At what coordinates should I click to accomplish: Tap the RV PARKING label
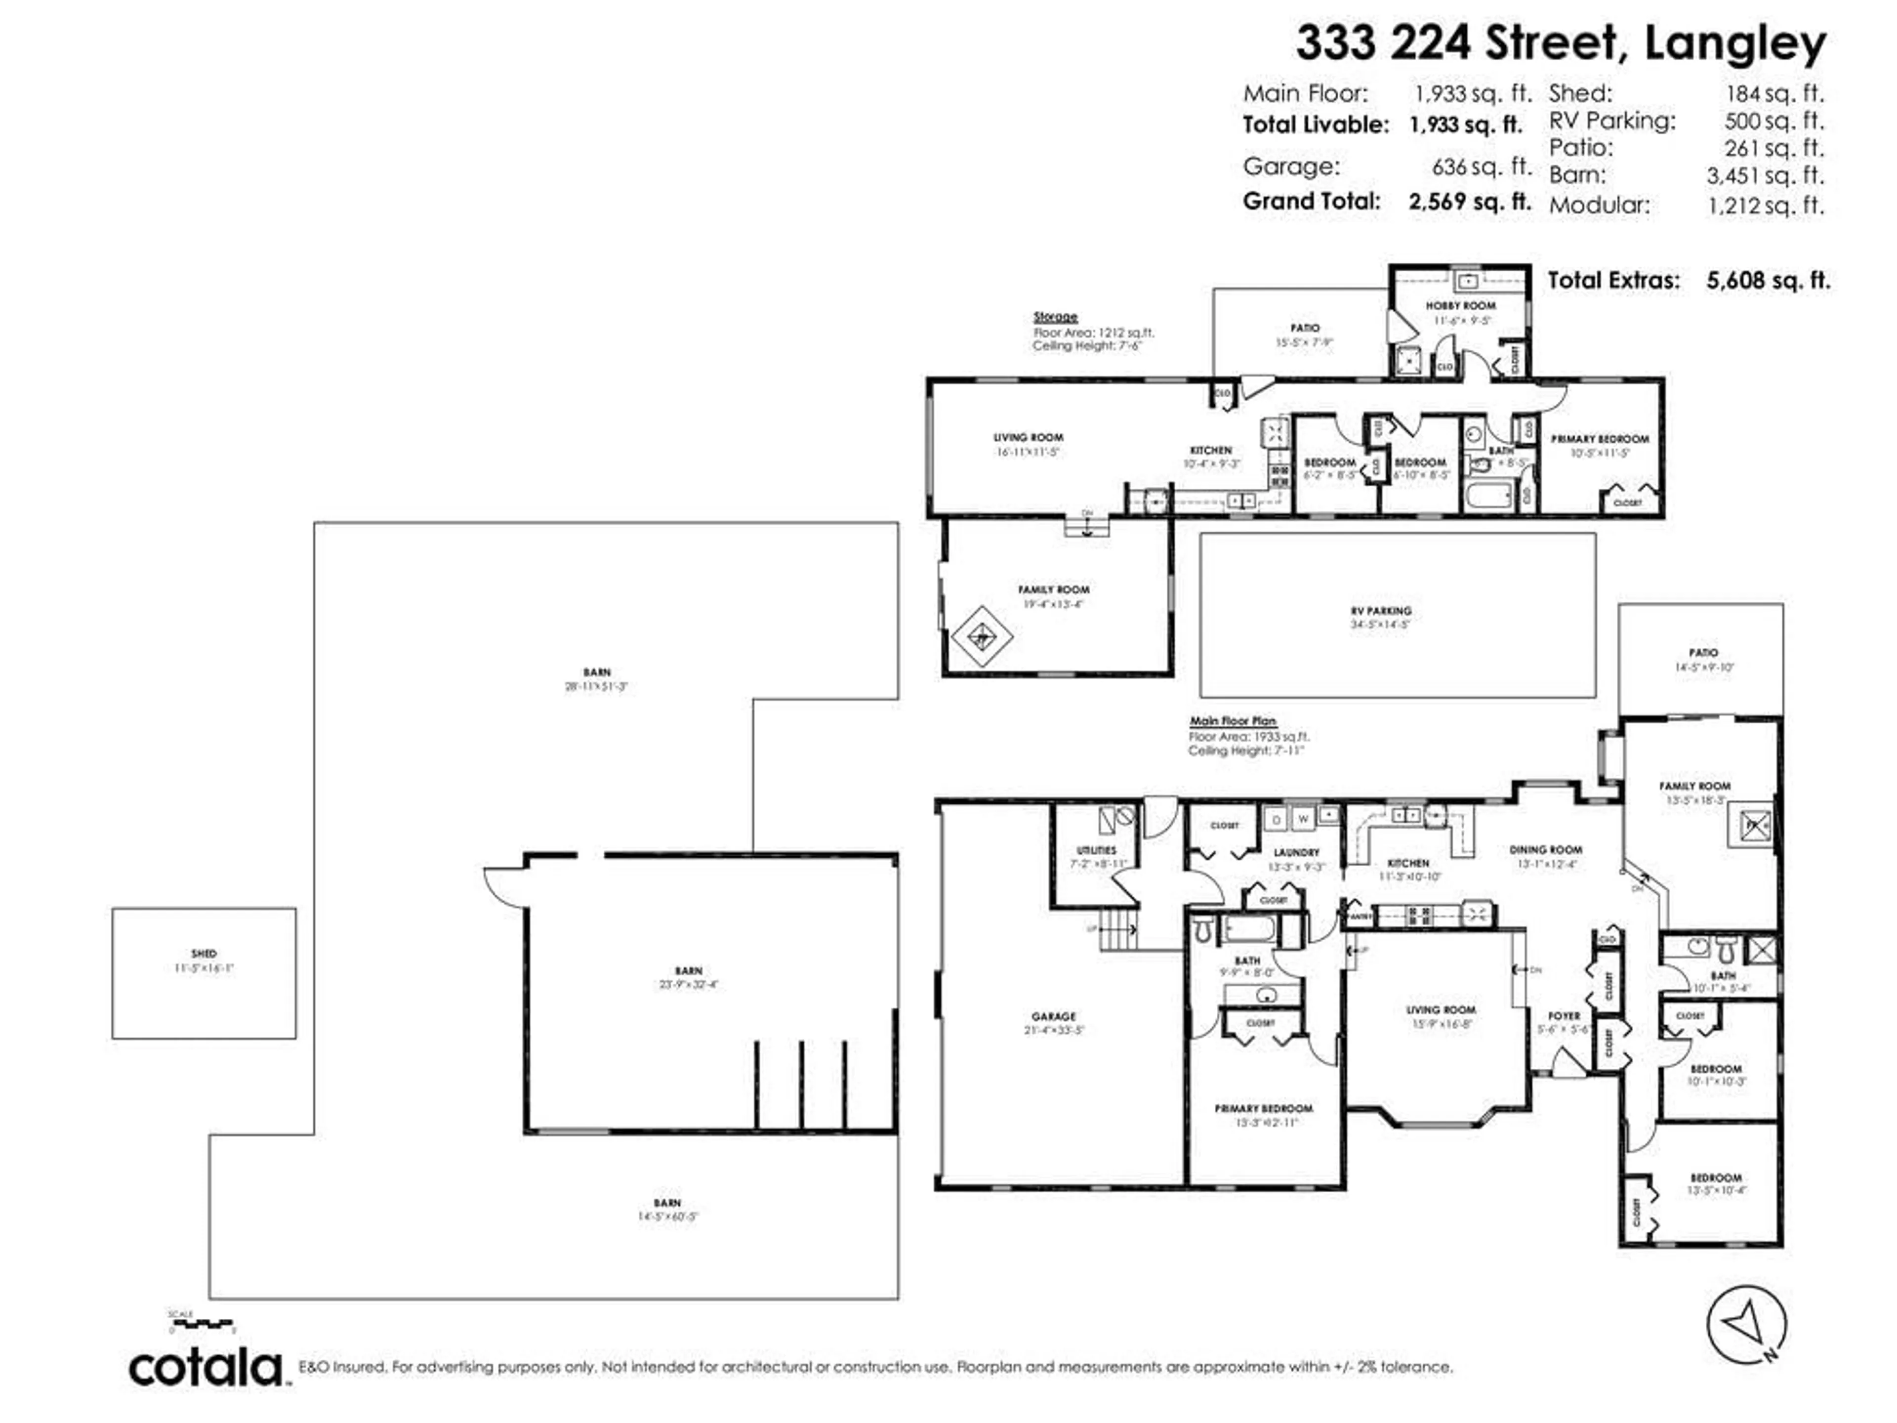pos(1381,611)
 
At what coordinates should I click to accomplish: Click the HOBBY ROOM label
pos(1460,305)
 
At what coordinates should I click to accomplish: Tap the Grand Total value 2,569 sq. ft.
pos(1470,202)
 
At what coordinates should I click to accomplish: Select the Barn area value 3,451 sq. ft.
pos(1765,176)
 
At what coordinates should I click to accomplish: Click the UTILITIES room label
pos(1096,850)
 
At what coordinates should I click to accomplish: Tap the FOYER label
pos(1564,1015)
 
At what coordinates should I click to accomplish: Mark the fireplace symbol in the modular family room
pos(982,637)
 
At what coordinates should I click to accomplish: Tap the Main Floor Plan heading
pos(1233,721)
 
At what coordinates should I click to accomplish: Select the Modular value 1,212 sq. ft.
pos(1765,206)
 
